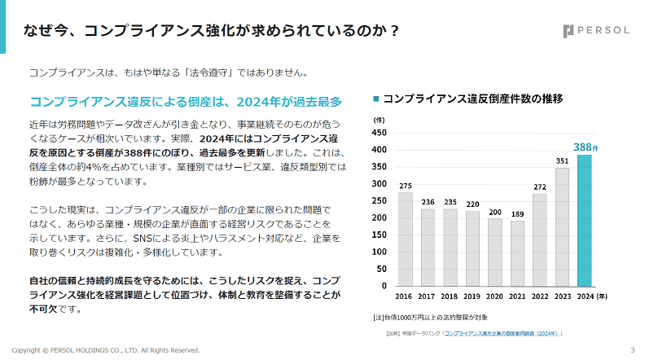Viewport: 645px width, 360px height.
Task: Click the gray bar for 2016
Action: coord(406,239)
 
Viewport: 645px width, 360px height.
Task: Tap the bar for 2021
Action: coord(516,253)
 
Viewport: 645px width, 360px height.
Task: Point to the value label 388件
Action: coord(586,147)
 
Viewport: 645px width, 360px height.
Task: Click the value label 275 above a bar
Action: coord(406,186)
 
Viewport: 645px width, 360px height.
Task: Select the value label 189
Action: coord(516,214)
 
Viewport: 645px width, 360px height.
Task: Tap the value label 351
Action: coord(561,160)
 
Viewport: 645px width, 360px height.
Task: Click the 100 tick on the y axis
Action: coord(379,252)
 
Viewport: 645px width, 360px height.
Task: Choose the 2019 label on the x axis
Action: coord(472,296)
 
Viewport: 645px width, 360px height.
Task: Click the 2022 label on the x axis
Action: coord(539,296)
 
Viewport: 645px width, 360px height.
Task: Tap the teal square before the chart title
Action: coord(376,99)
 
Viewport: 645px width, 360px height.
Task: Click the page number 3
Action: coord(633,350)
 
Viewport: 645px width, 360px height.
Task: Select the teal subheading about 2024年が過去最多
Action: coord(186,102)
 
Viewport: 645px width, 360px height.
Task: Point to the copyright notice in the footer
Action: coord(105,350)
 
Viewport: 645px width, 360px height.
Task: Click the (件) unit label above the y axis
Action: coord(379,120)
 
